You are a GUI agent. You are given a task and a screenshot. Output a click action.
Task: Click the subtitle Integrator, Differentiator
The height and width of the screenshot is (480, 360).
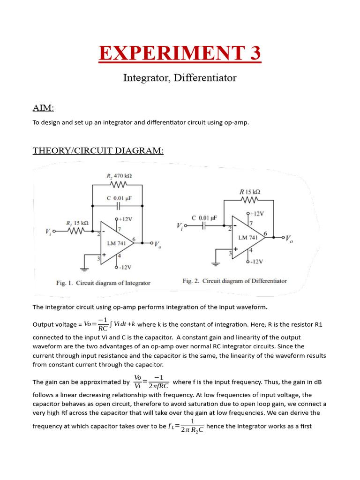coord(180,78)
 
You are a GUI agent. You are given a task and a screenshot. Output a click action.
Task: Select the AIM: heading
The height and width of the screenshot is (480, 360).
coord(43,108)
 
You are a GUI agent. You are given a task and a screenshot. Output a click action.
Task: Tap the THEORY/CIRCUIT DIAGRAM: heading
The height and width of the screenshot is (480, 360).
coord(98,150)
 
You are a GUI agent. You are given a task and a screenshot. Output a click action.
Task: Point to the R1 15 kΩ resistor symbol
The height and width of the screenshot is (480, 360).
coord(76,231)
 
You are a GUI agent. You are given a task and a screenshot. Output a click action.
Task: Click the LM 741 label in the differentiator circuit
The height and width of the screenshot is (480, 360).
coord(248,238)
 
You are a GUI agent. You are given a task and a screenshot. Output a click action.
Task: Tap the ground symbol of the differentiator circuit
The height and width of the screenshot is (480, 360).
coord(216,263)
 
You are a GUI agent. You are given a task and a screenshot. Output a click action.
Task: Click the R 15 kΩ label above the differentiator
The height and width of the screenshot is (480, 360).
coord(250,192)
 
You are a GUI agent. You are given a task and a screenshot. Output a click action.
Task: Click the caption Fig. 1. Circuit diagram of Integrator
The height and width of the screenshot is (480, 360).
coord(103,283)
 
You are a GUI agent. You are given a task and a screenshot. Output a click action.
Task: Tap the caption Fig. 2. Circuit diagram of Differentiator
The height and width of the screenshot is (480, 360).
coord(234,281)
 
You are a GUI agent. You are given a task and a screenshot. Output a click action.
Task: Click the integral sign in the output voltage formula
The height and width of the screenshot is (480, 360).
coord(111,324)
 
